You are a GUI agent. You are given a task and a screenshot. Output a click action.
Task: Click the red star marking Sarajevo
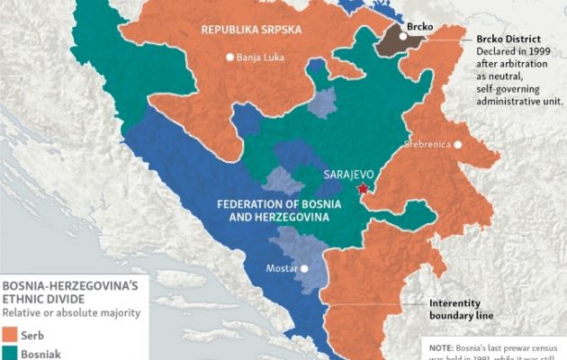[x=363, y=188]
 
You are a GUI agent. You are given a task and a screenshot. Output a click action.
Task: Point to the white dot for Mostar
[x=305, y=267]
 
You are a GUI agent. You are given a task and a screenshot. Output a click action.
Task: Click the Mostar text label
[x=282, y=267]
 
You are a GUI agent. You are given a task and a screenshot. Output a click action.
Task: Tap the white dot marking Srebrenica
[x=459, y=144]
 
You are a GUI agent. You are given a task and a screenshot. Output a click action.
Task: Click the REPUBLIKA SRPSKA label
[x=249, y=30]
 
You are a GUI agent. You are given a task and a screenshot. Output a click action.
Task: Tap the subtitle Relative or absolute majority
[x=69, y=312]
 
